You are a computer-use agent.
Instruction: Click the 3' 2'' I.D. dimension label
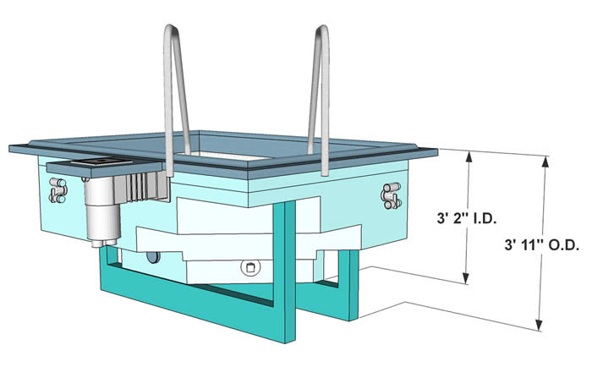click(466, 219)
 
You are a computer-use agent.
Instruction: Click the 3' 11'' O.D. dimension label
click(542, 245)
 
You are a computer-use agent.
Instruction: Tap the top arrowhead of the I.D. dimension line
click(469, 156)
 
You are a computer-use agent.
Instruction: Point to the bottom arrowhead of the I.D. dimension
click(467, 278)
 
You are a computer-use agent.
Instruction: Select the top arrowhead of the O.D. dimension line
click(545, 161)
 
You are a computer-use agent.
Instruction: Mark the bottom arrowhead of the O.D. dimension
click(540, 326)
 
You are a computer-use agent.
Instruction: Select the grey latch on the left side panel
click(58, 190)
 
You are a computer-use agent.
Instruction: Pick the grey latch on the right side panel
click(391, 195)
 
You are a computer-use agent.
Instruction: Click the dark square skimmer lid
click(101, 162)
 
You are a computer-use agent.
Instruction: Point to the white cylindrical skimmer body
click(102, 209)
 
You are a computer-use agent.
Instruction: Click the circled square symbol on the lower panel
click(250, 267)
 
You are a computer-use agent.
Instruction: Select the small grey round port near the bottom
click(153, 257)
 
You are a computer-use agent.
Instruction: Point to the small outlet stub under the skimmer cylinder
click(98, 244)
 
